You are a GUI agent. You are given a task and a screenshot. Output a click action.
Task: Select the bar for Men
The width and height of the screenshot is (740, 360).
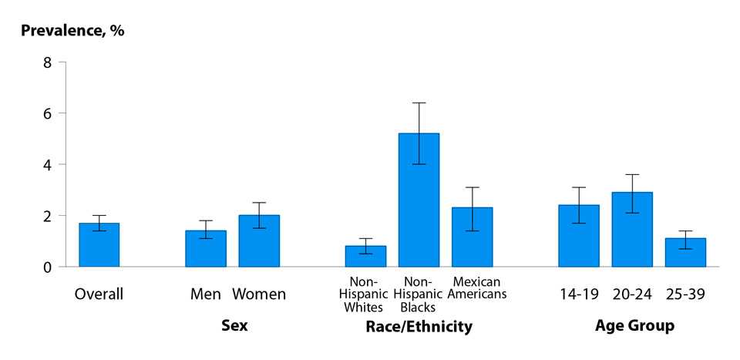click(x=206, y=249)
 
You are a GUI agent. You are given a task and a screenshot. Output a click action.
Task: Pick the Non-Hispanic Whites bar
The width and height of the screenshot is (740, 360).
click(x=366, y=257)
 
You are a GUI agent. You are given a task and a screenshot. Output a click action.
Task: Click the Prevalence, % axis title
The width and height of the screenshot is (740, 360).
click(x=72, y=32)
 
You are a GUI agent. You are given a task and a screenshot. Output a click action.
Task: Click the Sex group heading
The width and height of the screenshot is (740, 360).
click(x=234, y=326)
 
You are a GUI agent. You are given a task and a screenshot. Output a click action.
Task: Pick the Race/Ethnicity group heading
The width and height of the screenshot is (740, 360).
click(x=419, y=327)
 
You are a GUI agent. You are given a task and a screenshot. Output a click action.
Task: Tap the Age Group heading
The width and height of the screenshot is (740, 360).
click(x=634, y=326)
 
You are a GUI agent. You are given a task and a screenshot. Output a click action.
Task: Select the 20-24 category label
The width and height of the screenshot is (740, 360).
click(x=632, y=294)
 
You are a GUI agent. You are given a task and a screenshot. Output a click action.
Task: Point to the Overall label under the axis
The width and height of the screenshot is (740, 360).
click(x=99, y=294)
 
